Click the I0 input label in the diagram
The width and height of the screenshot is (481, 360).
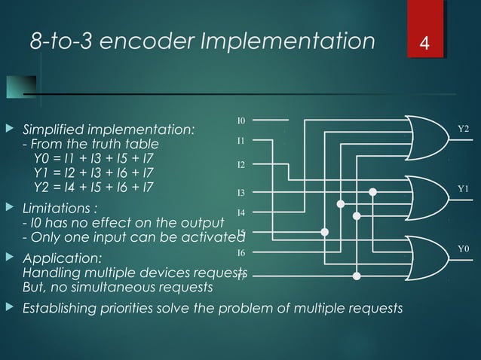241,121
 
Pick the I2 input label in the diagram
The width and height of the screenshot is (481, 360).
241,164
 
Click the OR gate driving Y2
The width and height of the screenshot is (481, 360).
425,138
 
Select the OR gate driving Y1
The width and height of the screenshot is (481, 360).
425,197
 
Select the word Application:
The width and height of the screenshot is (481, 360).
57,260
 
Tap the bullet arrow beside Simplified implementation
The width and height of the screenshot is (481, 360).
10,131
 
